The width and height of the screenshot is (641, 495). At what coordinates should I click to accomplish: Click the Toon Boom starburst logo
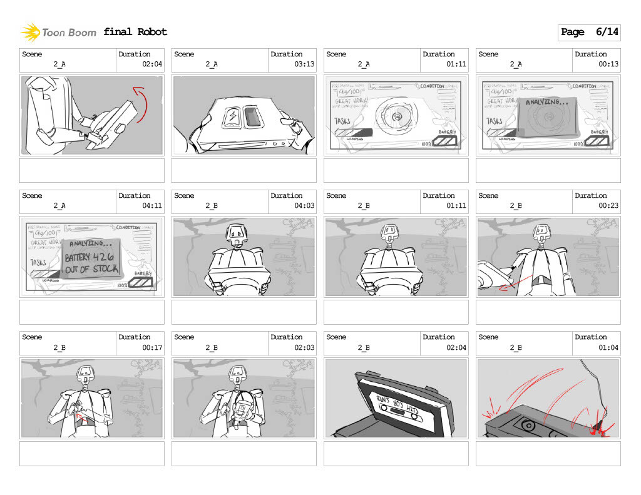30,32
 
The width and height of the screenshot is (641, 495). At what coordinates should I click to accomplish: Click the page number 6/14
607,32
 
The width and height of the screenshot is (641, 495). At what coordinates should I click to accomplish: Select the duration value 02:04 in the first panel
151,64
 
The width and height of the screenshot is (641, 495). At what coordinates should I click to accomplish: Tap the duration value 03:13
304,64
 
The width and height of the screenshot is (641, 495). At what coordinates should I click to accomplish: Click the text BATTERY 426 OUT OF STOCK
91,263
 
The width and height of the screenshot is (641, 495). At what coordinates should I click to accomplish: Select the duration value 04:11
151,205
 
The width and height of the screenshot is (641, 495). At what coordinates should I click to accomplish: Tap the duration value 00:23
608,205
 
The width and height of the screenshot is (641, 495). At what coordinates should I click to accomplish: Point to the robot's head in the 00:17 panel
85,375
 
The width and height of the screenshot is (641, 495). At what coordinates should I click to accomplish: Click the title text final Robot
135,32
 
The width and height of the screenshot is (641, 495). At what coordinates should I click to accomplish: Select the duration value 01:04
608,347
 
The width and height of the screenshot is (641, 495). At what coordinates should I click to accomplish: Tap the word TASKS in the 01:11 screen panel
342,121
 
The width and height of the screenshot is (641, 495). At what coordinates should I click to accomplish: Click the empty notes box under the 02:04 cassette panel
396,453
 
